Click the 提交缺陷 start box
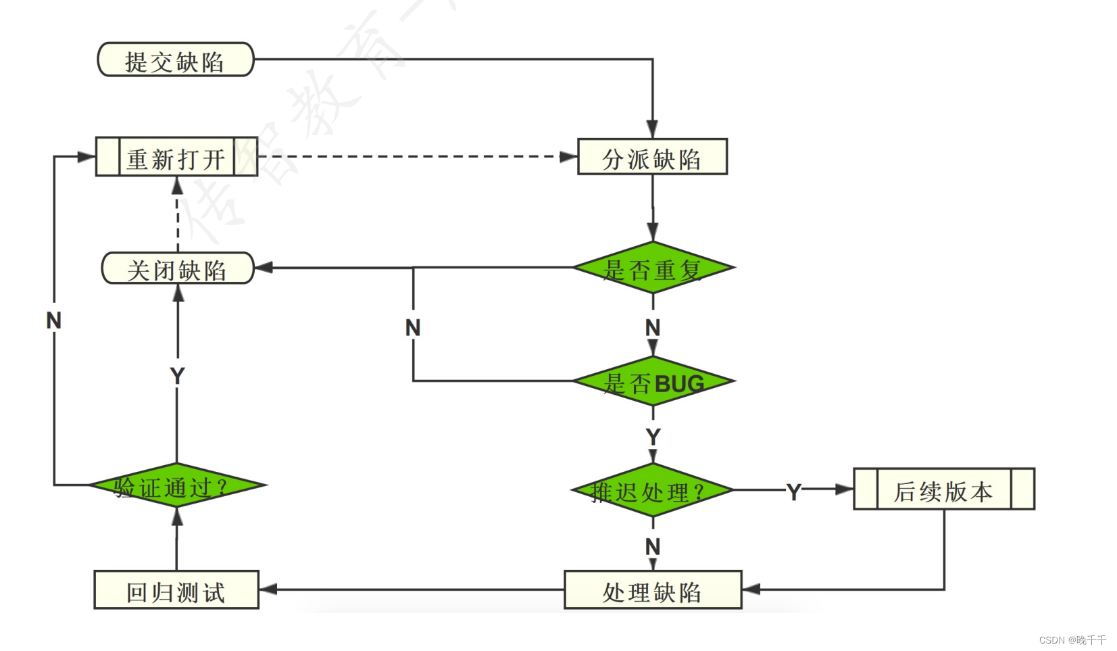click(x=176, y=60)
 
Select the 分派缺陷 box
click(x=652, y=158)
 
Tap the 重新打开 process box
click(x=176, y=158)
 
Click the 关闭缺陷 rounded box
click(x=177, y=269)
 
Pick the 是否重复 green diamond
click(x=653, y=268)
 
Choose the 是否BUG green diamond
click(x=653, y=382)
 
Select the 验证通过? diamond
click(x=177, y=485)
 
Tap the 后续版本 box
click(x=943, y=489)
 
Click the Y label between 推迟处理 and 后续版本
click(x=794, y=491)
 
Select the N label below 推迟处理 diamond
click(x=652, y=546)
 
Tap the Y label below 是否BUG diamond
click(x=652, y=437)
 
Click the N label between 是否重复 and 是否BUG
click(x=652, y=328)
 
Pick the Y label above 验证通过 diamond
click(x=177, y=376)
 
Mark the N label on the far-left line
click(x=54, y=320)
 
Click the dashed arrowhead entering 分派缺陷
click(x=568, y=157)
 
